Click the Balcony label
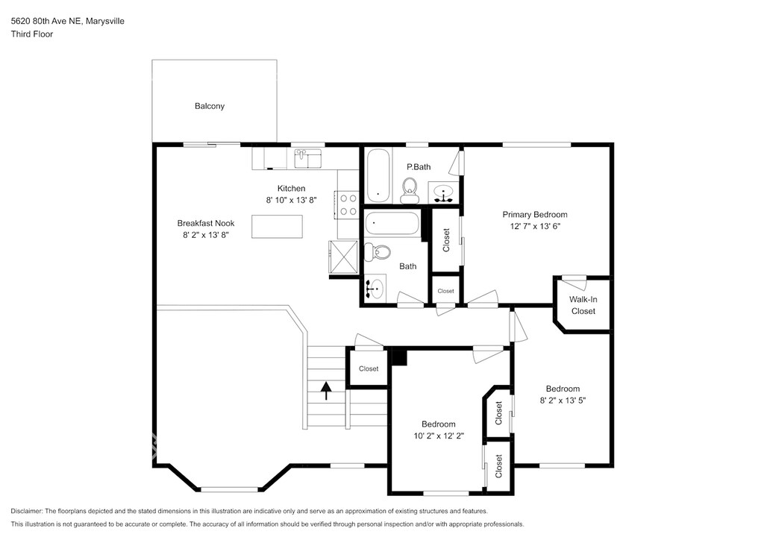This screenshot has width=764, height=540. click(x=210, y=106)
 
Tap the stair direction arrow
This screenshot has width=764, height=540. click(x=326, y=390)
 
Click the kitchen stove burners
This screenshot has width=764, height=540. click(x=348, y=205)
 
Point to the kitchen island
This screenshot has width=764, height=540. click(x=277, y=227)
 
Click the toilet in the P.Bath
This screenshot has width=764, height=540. click(x=410, y=190)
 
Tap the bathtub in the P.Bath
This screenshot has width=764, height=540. click(x=378, y=175)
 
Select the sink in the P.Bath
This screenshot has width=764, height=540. click(x=443, y=192)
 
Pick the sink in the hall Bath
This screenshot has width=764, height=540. click(x=375, y=288)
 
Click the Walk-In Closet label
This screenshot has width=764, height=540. click(x=583, y=305)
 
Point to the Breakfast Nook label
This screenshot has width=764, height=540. click(x=206, y=224)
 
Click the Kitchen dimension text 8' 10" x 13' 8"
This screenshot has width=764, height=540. click(x=292, y=200)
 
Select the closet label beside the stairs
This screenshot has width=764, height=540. click(x=369, y=368)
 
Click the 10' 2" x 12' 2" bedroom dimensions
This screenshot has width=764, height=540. click(x=439, y=436)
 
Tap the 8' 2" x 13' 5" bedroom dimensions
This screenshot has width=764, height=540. click(x=563, y=401)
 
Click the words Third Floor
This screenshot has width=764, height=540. click(x=32, y=34)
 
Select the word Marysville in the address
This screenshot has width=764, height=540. click(x=104, y=21)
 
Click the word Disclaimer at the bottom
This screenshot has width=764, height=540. click(x=27, y=511)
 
